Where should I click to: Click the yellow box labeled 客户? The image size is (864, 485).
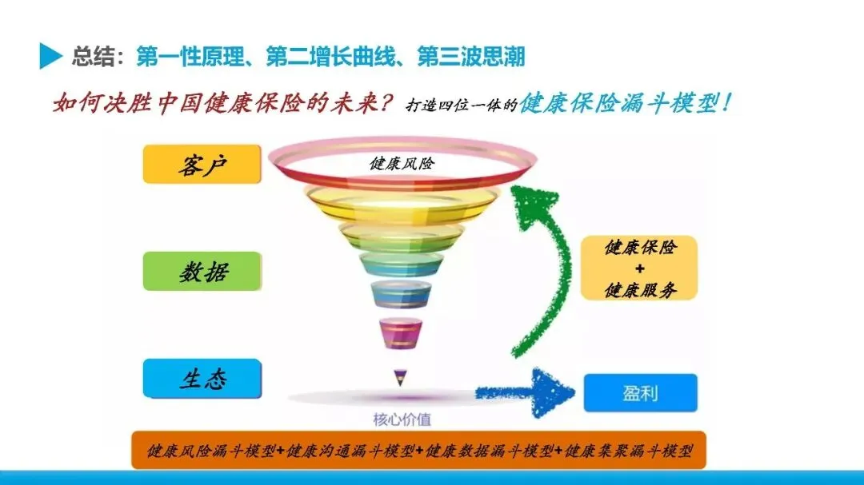[x=202, y=165]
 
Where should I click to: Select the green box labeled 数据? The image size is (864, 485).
[x=202, y=271]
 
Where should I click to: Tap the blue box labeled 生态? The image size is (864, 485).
[x=202, y=378]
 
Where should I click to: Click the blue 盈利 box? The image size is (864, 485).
[x=640, y=393]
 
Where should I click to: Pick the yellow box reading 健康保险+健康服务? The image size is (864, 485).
[x=639, y=268]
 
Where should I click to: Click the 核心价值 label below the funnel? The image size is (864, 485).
[x=402, y=419]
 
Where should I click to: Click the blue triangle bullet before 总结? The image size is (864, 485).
[x=50, y=56]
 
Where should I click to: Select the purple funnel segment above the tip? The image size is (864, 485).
[x=396, y=333]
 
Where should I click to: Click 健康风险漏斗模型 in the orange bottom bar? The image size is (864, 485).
[x=212, y=451]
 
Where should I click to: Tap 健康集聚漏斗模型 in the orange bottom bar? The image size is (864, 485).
[x=627, y=451]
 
